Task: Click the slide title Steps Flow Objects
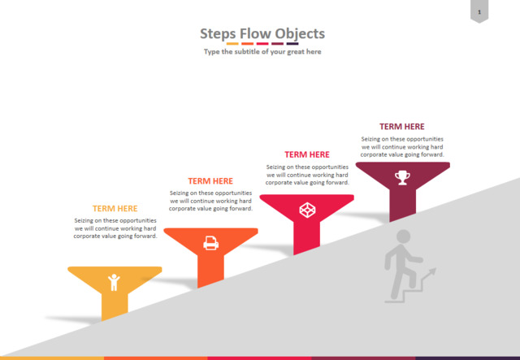[262, 34]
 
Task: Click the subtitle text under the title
[262, 52]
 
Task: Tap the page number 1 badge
[479, 11]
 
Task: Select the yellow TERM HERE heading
[115, 208]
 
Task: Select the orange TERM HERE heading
[210, 181]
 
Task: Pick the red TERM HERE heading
[307, 154]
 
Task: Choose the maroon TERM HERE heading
[402, 127]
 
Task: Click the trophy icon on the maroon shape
[402, 177]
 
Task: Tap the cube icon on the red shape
[307, 210]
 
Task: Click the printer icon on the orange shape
[211, 243]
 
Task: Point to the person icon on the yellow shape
[114, 282]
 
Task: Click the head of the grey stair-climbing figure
[403, 236]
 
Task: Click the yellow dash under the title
[232, 44]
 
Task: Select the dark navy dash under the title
[292, 44]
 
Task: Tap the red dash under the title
[262, 44]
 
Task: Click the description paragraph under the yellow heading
[115, 228]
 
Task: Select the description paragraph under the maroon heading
[402, 146]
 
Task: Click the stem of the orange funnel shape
[210, 269]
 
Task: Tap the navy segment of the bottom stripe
[468, 358]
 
